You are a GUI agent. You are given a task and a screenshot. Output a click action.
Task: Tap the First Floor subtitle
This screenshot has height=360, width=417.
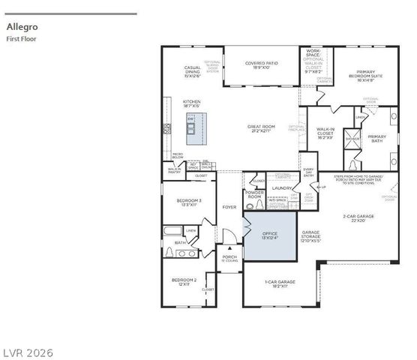(21, 38)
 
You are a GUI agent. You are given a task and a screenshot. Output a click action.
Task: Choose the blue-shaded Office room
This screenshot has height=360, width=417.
(269, 235)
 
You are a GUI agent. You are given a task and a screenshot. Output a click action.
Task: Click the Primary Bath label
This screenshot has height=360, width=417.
(376, 138)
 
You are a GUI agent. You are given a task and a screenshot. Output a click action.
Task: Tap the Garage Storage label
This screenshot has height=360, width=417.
(310, 236)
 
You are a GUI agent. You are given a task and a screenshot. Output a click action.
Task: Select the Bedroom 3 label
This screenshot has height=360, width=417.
(189, 202)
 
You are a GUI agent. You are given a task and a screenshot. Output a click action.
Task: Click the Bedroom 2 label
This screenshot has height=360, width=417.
(184, 281)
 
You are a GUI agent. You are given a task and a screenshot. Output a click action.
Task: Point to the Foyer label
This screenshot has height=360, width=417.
(229, 207)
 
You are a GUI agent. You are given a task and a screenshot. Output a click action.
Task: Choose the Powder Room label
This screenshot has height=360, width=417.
(254, 194)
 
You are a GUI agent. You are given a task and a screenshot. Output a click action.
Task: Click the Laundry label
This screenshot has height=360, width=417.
(282, 188)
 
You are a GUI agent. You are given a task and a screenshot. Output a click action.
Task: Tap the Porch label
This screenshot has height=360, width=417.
(229, 257)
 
